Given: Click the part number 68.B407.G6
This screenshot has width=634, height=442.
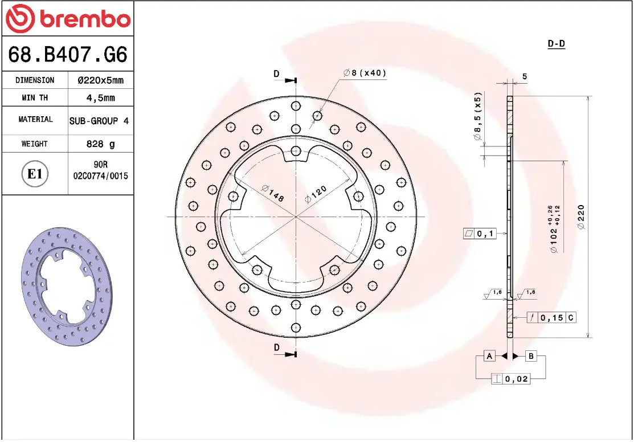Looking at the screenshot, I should point(67,55).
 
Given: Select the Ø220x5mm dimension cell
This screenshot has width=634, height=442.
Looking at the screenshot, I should point(100,80).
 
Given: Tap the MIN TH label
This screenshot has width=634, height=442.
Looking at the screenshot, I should point(35,98).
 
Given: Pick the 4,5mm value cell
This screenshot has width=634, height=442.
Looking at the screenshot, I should point(100,98).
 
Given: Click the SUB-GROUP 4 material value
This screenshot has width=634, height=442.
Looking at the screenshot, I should point(99,121).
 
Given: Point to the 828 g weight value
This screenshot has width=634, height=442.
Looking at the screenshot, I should point(100,144).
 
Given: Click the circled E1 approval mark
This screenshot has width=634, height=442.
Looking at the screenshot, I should point(35,174).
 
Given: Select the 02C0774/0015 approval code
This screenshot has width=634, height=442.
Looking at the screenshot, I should point(100,176).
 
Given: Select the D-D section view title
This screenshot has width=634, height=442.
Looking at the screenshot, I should point(556,44).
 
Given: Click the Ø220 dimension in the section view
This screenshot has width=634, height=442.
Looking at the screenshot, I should point(581,216).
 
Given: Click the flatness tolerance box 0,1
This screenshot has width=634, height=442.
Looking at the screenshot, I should point(480,234).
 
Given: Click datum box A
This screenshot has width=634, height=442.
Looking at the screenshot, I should point(489,356).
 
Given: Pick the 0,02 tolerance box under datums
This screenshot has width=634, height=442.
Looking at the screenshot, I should point(510,379).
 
